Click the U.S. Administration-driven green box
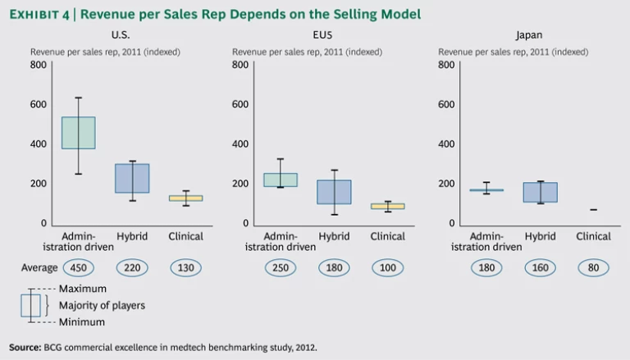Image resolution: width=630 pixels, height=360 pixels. [x=79, y=133]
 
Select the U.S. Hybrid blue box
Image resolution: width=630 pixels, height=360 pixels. [x=132, y=178]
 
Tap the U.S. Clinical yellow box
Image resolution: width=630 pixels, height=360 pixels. [x=185, y=198]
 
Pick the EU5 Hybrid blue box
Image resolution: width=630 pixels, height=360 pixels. [x=334, y=192]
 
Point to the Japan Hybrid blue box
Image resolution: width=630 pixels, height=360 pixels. [x=540, y=192]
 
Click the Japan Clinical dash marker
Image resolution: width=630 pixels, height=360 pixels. [x=593, y=210]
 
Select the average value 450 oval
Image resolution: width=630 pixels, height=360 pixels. [x=79, y=267]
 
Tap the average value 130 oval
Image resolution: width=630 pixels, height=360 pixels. [x=185, y=267]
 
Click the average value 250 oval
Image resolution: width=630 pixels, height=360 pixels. [x=281, y=267]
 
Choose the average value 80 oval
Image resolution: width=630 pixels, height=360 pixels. [x=593, y=267]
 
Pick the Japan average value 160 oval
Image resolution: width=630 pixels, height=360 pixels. [x=540, y=267]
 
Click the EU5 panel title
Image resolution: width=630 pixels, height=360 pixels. [x=334, y=35]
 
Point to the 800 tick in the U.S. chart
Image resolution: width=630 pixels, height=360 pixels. [x=39, y=65]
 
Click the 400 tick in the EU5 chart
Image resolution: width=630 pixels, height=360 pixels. [x=240, y=144]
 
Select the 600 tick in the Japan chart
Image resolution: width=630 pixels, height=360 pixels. [x=447, y=104]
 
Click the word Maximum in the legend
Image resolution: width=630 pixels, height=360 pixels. [x=83, y=289]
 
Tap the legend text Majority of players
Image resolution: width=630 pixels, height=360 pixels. [x=102, y=306]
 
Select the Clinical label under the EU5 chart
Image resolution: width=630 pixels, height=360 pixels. [x=387, y=236]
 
